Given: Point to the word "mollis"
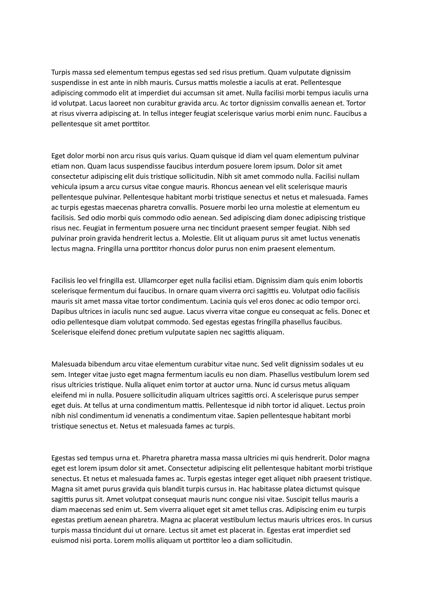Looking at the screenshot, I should coord(145,541).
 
